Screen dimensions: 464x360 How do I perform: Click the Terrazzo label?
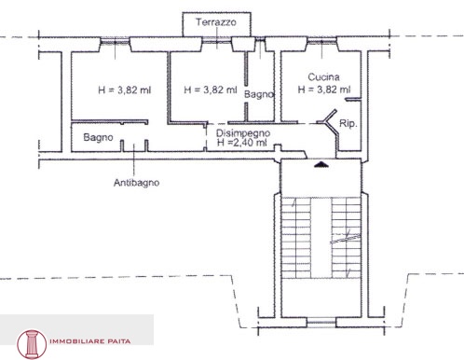216,22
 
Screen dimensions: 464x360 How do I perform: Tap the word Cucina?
323,76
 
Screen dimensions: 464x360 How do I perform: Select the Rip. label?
348,123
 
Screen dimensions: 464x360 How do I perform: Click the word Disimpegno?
243,133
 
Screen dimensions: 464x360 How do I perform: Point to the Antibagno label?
137,183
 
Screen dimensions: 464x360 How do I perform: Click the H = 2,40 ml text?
242,143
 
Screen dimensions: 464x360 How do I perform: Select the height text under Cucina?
324,90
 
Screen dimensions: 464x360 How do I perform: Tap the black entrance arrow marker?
321,164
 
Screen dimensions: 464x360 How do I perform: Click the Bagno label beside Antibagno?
98,137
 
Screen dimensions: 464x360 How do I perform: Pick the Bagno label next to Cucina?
259,94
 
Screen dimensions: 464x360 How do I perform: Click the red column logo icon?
32,344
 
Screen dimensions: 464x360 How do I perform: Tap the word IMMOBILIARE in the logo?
76,341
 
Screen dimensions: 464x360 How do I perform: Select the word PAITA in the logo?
119,341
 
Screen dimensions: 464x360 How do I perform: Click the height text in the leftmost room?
125,90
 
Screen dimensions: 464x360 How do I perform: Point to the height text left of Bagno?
211,90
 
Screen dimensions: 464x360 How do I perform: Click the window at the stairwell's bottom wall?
321,322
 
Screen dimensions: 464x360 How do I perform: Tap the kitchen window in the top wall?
321,41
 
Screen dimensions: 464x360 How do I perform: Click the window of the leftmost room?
115,41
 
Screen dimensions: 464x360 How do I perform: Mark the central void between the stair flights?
321,238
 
